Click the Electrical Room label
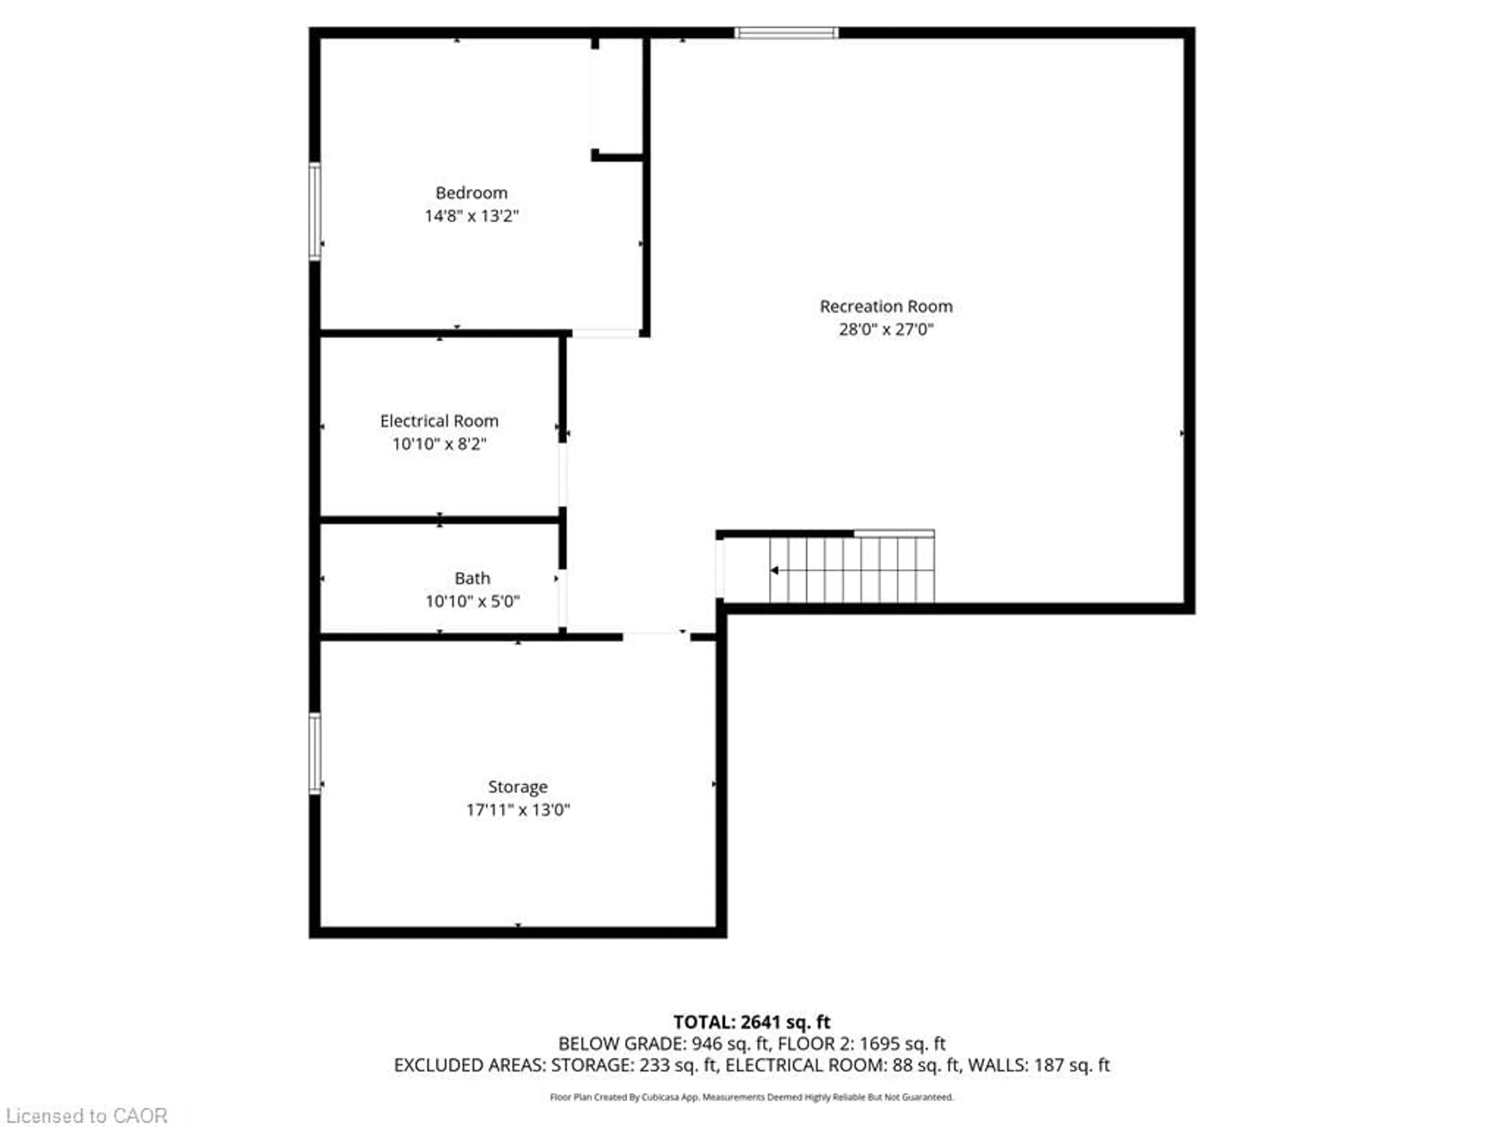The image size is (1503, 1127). coord(439,421)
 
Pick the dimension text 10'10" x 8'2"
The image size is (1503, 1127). coord(439,444)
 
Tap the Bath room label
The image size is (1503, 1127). coord(472,578)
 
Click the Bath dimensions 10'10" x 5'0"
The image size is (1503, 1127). coord(472,601)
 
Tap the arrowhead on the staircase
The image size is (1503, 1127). coord(774,571)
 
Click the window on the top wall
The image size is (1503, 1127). coord(786,32)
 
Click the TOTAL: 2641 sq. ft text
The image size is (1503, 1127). coord(751,1022)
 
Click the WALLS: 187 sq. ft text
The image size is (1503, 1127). coord(1038,1065)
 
